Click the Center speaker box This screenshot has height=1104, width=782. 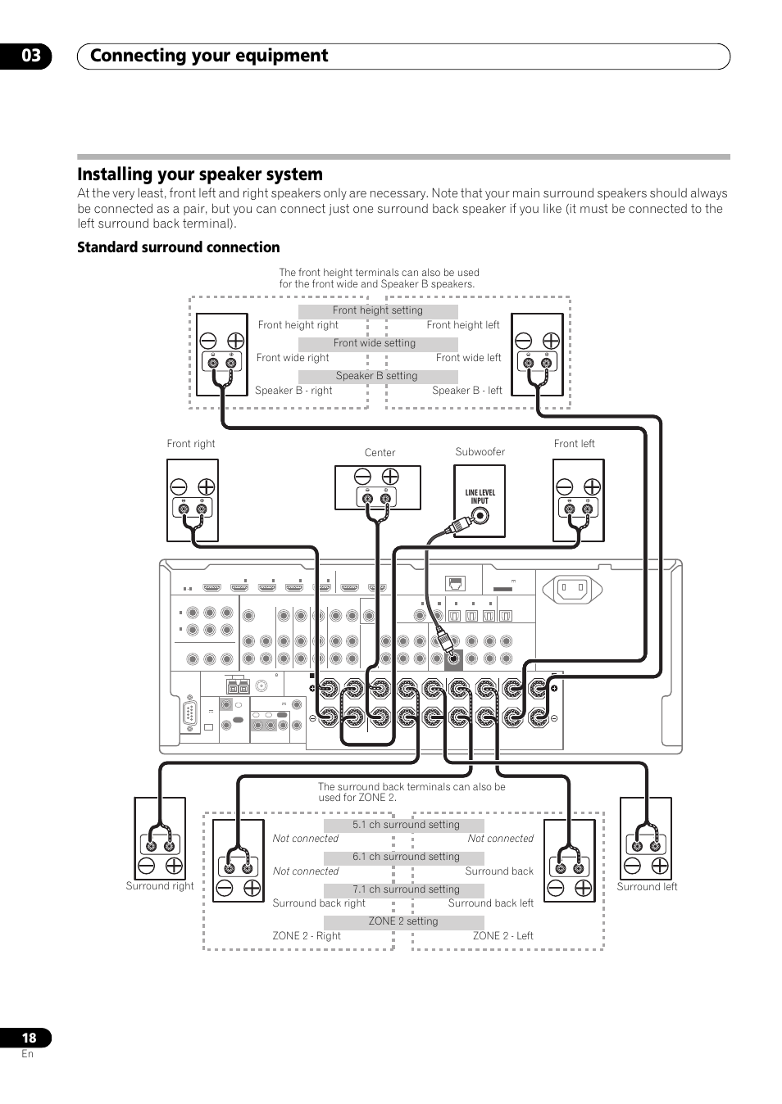pyautogui.click(x=377, y=488)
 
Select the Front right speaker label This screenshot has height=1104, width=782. pyautogui.click(x=191, y=444)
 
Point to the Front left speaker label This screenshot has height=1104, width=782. pyautogui.click(x=574, y=444)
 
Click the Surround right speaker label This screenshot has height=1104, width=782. pyautogui.click(x=160, y=886)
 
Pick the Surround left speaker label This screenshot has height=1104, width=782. pyautogui.click(x=647, y=887)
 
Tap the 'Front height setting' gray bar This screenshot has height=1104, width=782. pyautogui.click(x=378, y=311)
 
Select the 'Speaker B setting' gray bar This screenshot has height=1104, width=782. pyautogui.click(x=377, y=377)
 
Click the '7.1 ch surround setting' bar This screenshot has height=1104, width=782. pyautogui.click(x=405, y=889)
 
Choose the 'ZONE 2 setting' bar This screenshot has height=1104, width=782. pyautogui.click(x=403, y=921)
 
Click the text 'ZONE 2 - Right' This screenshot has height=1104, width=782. pyautogui.click(x=307, y=936)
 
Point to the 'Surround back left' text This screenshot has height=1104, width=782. pyautogui.click(x=490, y=903)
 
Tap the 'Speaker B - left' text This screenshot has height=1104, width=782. pyautogui.click(x=467, y=391)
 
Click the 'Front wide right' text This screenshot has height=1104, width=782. pyautogui.click(x=293, y=358)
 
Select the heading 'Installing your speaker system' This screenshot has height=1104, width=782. pyautogui.click(x=200, y=174)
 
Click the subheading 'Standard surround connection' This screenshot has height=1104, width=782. pyautogui.click(x=179, y=247)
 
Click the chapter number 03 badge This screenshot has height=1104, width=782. pyautogui.click(x=31, y=56)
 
